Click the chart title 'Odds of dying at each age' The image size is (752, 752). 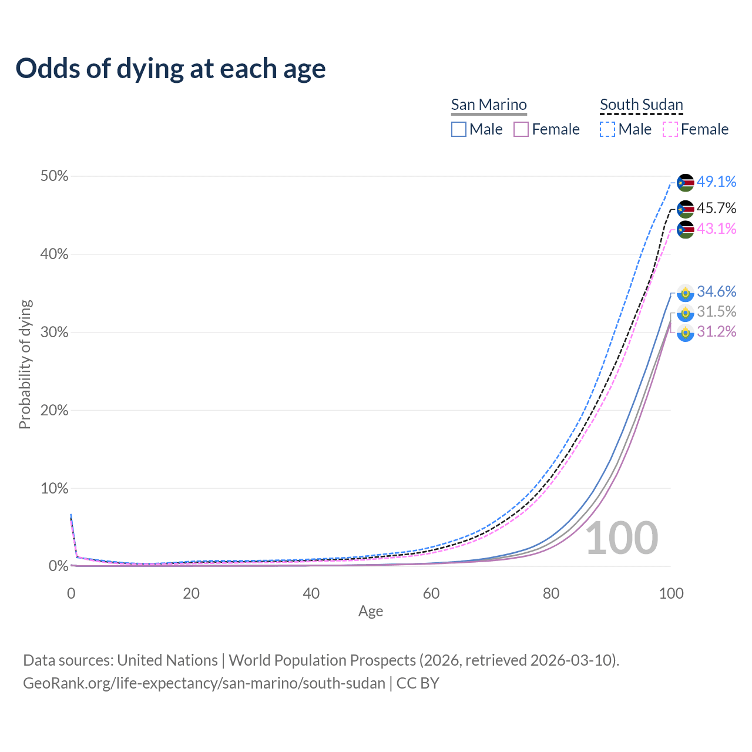tap(170, 68)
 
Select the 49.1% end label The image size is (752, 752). tap(716, 182)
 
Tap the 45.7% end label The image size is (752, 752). tap(716, 208)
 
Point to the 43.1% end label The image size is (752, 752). tap(716, 229)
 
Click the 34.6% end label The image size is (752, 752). tap(716, 291)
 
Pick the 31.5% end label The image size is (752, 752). tap(716, 311)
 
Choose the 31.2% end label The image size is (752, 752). tap(716, 331)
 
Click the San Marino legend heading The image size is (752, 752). tap(489, 105)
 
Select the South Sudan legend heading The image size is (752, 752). tap(641, 105)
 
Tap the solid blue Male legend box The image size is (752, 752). tap(459, 129)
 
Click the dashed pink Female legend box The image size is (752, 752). tap(670, 129)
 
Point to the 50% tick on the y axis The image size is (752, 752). tap(54, 176)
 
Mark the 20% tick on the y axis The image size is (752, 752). tap(54, 410)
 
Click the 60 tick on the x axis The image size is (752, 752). tap(431, 593)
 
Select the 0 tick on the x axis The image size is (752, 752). tap(71, 593)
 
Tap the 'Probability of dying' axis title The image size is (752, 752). tap(25, 364)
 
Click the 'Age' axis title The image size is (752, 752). tap(371, 611)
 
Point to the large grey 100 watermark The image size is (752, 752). tap(622, 538)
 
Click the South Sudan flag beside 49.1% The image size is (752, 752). tap(685, 183)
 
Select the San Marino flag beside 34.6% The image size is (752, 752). tap(685, 293)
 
